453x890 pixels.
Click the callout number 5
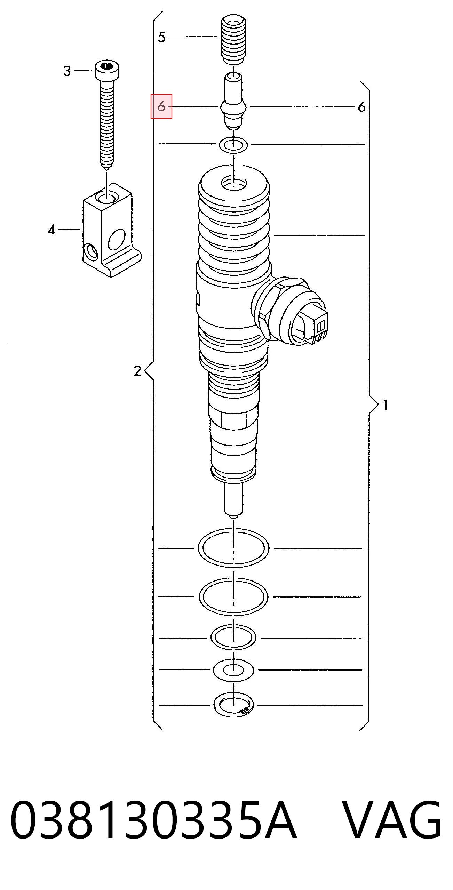(x=161, y=37)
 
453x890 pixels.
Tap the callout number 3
(x=67, y=71)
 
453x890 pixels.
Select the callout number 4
(x=51, y=230)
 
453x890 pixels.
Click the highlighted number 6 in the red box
(x=161, y=106)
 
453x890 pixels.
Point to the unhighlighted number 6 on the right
(x=362, y=107)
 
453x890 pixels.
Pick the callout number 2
(x=137, y=371)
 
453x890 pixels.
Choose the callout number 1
(x=385, y=405)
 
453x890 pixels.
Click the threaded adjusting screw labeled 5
(x=233, y=40)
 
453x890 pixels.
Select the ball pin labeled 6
(x=233, y=101)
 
